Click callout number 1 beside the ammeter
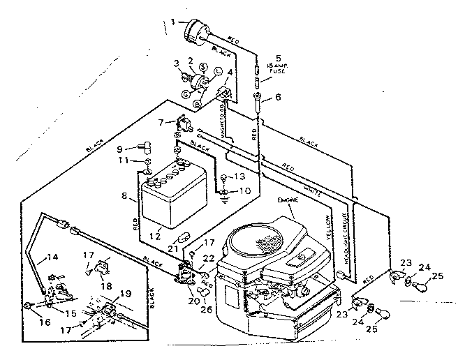click(x=172, y=22)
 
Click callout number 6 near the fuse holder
click(x=279, y=97)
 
